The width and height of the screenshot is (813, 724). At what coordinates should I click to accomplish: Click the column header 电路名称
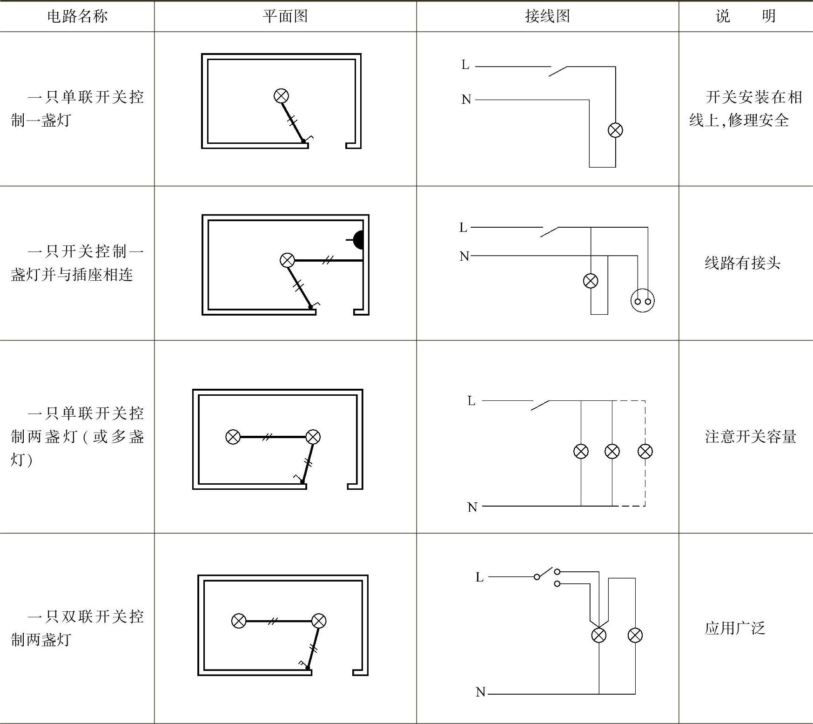[77, 16]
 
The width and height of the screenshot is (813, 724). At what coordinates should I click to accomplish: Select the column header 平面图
[285, 16]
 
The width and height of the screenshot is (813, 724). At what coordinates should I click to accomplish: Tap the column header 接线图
[547, 16]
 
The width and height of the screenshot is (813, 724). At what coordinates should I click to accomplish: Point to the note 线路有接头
[742, 263]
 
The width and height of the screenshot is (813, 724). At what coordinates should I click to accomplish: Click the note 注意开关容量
[750, 437]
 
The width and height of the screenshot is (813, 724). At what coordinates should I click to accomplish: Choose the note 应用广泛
[735, 628]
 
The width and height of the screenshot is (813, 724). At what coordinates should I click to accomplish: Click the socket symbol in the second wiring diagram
[642, 300]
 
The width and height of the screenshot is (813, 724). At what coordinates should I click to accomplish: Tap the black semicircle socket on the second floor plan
[358, 240]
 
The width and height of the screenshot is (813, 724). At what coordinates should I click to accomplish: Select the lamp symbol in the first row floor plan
[281, 96]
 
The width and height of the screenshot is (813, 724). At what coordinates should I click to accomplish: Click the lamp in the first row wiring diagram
[615, 130]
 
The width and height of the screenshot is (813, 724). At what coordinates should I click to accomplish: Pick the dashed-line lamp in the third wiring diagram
[645, 451]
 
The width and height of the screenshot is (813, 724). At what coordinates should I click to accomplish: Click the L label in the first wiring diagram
[465, 65]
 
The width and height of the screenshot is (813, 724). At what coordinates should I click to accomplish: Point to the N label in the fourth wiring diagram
[481, 692]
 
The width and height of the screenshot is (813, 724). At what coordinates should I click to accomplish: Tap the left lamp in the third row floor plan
[233, 437]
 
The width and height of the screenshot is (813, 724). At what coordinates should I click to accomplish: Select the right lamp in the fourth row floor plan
[319, 621]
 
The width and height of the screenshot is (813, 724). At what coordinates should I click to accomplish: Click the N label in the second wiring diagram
[464, 256]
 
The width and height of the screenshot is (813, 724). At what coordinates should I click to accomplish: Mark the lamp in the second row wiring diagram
[591, 281]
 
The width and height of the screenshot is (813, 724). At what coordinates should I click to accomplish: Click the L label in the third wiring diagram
[471, 400]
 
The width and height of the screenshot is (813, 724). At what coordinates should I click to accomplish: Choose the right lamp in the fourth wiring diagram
[635, 635]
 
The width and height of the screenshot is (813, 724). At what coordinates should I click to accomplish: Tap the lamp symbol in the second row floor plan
[288, 260]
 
